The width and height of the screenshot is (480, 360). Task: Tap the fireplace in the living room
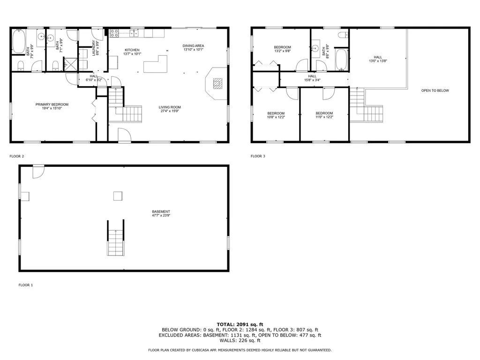click(x=217, y=83)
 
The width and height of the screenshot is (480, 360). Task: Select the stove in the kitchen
click(x=113, y=33)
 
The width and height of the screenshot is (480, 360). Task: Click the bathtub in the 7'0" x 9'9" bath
click(x=19, y=42)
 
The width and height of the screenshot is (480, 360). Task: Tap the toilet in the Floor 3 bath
click(x=342, y=34)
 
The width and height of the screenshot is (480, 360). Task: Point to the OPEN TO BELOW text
click(x=435, y=90)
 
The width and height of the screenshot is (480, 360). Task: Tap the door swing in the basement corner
click(x=37, y=172)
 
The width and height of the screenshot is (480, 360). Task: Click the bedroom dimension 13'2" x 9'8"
click(x=282, y=51)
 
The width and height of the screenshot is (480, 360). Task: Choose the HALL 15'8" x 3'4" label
click(x=312, y=78)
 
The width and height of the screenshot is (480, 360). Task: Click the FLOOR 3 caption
click(x=258, y=156)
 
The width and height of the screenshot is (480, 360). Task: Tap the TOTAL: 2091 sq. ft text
click(x=240, y=324)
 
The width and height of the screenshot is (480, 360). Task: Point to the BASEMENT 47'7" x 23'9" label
click(x=161, y=214)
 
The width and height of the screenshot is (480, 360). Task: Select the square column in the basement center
click(x=118, y=196)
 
